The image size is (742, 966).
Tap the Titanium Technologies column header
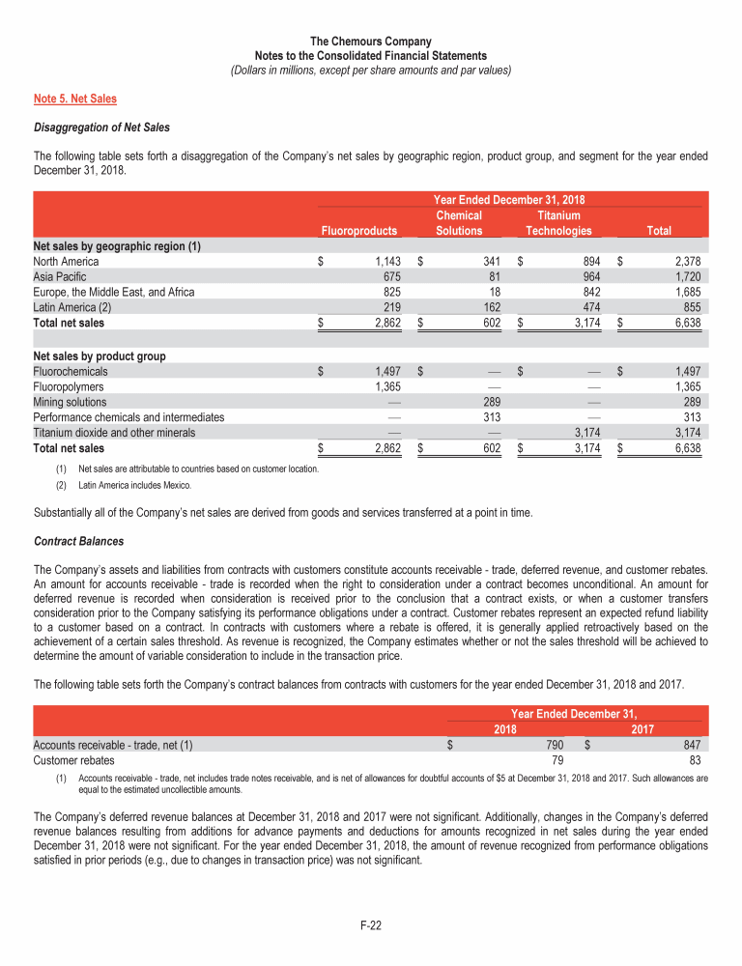click(x=557, y=223)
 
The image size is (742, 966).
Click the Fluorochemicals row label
click(x=71, y=371)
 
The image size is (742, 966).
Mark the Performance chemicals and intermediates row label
click(x=128, y=417)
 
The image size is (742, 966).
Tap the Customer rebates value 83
click(x=693, y=760)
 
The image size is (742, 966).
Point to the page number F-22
click(x=371, y=925)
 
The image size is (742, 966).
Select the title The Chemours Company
click(x=371, y=42)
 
